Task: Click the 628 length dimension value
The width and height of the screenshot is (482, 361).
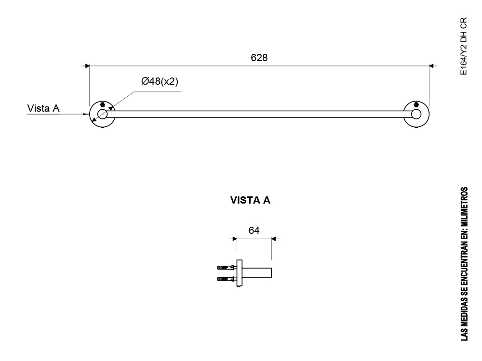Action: (x=259, y=58)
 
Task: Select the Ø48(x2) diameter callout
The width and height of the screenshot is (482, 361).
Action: (x=160, y=81)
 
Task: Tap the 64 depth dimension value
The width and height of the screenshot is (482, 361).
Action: (x=254, y=231)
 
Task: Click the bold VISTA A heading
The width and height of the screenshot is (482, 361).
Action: (x=250, y=200)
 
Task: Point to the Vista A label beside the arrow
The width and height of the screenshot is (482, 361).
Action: (x=43, y=108)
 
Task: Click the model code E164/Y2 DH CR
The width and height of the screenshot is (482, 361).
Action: (x=464, y=46)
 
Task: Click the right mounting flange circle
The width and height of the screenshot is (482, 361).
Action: (x=429, y=114)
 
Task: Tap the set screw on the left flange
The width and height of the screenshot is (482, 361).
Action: (x=102, y=104)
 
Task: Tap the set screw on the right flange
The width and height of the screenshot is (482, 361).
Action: (x=416, y=104)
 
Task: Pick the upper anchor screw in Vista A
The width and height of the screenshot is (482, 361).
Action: (x=227, y=268)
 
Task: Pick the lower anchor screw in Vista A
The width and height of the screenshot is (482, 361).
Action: (x=227, y=279)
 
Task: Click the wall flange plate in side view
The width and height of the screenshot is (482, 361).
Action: (x=240, y=273)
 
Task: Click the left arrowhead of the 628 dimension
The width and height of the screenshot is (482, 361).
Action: (x=87, y=66)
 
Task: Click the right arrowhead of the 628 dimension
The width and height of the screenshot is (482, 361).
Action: (x=431, y=66)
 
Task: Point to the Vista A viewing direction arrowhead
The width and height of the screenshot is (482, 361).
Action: (x=86, y=114)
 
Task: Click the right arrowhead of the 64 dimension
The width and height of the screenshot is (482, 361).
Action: (x=274, y=239)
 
